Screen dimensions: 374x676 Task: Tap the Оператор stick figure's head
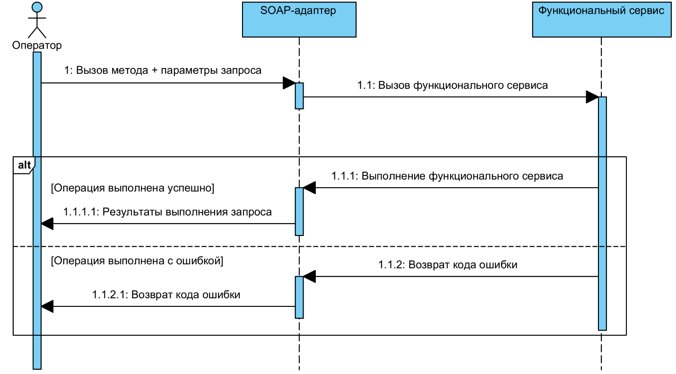[37, 7]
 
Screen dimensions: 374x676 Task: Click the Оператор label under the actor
[37, 45]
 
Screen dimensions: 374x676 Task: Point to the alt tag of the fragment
[23, 165]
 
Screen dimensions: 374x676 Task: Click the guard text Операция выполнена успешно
[132, 188]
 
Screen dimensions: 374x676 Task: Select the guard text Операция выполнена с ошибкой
[137, 261]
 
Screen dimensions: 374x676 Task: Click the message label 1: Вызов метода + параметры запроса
[163, 70]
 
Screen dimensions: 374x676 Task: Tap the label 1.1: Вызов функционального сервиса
[453, 86]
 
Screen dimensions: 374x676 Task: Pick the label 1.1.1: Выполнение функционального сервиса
[447, 176]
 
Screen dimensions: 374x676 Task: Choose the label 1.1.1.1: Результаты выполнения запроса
[167, 212]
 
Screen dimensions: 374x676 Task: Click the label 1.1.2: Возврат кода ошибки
[447, 265]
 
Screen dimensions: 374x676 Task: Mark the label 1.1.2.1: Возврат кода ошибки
[166, 295]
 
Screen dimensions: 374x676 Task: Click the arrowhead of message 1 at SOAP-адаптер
[289, 83]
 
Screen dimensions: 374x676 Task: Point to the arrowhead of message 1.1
[592, 97]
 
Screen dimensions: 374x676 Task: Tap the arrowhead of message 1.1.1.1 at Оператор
[48, 224]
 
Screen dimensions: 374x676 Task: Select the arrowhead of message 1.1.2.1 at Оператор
[48, 306]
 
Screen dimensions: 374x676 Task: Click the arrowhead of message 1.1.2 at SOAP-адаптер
[310, 277]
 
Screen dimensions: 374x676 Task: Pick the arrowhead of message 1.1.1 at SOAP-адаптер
[310, 188]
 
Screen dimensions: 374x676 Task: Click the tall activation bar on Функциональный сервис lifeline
[602, 213]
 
